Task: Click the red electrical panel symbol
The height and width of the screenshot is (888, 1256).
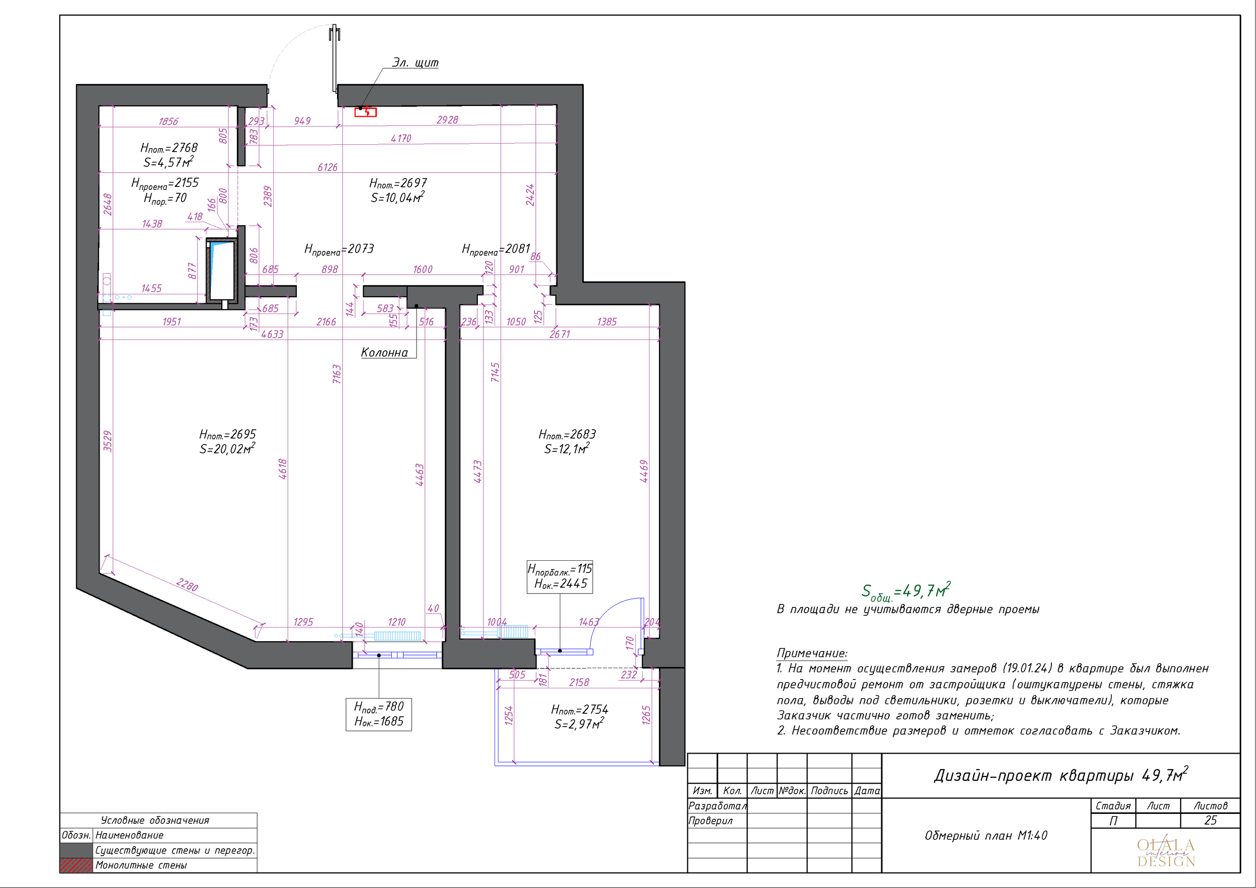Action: [366, 112]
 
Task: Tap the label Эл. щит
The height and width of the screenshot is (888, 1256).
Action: [415, 63]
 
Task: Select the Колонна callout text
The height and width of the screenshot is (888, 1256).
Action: [385, 353]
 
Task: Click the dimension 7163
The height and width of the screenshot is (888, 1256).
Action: [337, 374]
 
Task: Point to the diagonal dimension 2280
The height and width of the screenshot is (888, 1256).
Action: [187, 585]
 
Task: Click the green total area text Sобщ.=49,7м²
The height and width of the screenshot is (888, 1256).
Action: [906, 591]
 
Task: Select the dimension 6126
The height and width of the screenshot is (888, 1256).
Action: [328, 167]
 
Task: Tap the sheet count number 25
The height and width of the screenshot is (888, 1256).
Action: [1210, 821]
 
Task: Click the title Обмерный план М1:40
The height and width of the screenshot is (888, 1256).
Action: [986, 836]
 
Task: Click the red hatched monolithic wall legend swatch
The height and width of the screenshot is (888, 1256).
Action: [76, 865]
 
